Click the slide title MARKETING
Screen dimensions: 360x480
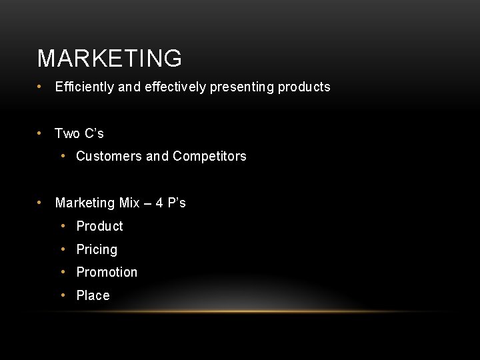click(x=109, y=59)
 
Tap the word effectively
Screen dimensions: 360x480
click(x=175, y=87)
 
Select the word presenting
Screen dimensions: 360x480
click(x=242, y=87)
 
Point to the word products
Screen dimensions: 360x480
click(x=304, y=87)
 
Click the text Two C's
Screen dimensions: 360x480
click(x=79, y=133)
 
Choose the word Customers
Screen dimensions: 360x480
click(x=109, y=157)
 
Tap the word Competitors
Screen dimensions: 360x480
click(x=209, y=157)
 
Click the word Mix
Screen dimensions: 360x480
click(x=129, y=203)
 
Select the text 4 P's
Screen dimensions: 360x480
click(x=171, y=203)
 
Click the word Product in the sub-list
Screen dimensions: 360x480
click(x=100, y=226)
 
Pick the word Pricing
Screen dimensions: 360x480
click(x=97, y=249)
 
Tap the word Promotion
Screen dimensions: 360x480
click(x=107, y=272)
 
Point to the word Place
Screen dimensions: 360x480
click(x=93, y=295)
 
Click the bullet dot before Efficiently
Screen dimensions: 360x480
click(x=41, y=87)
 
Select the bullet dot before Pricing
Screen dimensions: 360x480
click(x=63, y=249)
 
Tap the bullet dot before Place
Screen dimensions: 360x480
click(x=63, y=295)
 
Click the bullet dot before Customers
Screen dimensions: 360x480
click(x=63, y=156)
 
